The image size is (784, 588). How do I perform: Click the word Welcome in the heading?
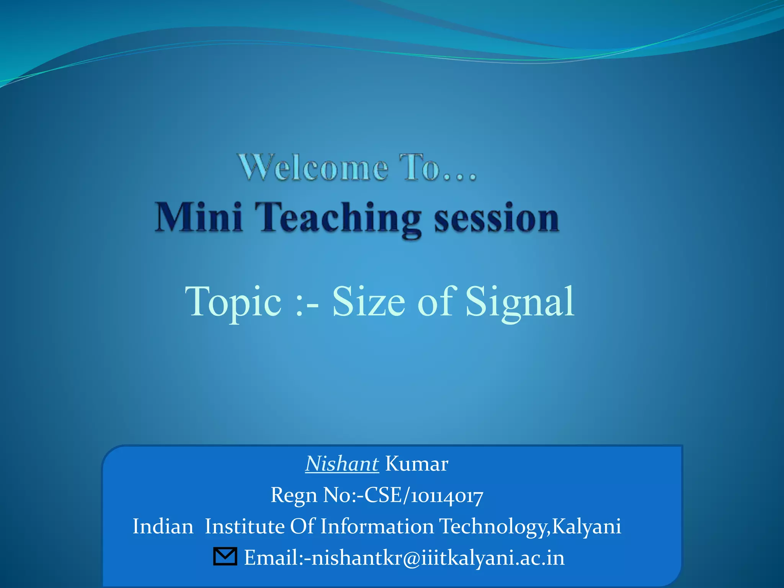click(313, 168)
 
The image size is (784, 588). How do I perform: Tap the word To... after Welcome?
click(438, 168)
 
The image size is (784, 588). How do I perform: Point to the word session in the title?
click(497, 218)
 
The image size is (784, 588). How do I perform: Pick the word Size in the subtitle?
click(368, 302)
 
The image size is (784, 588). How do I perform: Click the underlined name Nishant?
click(342, 464)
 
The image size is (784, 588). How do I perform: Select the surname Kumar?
click(416, 464)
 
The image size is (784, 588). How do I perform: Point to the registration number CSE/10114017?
click(424, 495)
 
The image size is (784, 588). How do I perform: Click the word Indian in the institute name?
click(163, 526)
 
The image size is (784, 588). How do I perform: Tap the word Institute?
click(245, 526)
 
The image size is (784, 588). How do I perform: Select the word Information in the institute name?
click(377, 526)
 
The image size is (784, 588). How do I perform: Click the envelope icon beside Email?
click(225, 557)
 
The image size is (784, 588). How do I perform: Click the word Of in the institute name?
click(302, 526)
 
